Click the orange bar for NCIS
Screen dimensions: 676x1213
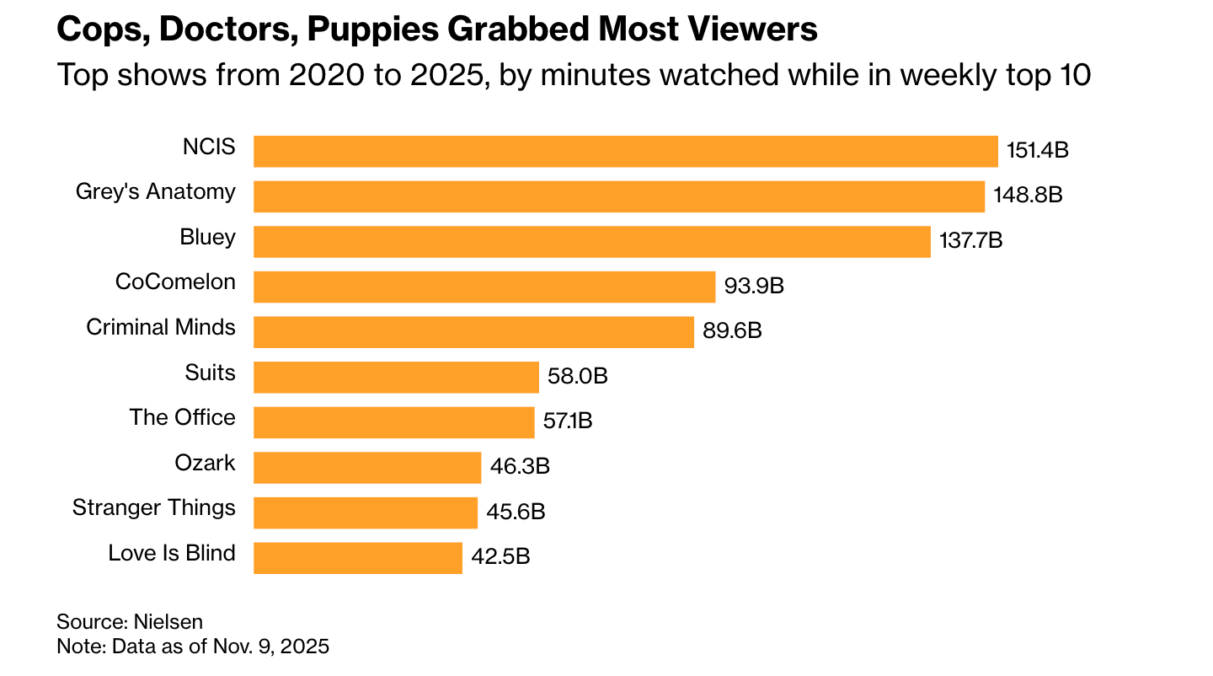pyautogui.click(x=625, y=152)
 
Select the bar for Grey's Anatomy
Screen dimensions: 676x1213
pyautogui.click(x=618, y=196)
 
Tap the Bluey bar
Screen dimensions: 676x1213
pyautogui.click(x=591, y=242)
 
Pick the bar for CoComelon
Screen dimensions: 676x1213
pyautogui.click(x=484, y=287)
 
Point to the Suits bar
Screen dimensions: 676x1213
pyautogui.click(x=396, y=377)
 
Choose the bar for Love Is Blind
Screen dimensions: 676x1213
pyautogui.click(x=357, y=557)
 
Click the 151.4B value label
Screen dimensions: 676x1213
pyautogui.click(x=1038, y=152)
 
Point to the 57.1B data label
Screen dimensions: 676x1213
pyautogui.click(x=568, y=421)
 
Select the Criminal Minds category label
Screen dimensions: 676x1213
pyautogui.click(x=161, y=327)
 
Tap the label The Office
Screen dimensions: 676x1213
pyautogui.click(x=182, y=417)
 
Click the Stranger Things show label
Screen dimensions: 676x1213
pyautogui.click(x=154, y=507)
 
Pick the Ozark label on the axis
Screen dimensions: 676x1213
pyautogui.click(x=205, y=462)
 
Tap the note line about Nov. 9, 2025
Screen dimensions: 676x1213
pyautogui.click(x=193, y=647)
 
